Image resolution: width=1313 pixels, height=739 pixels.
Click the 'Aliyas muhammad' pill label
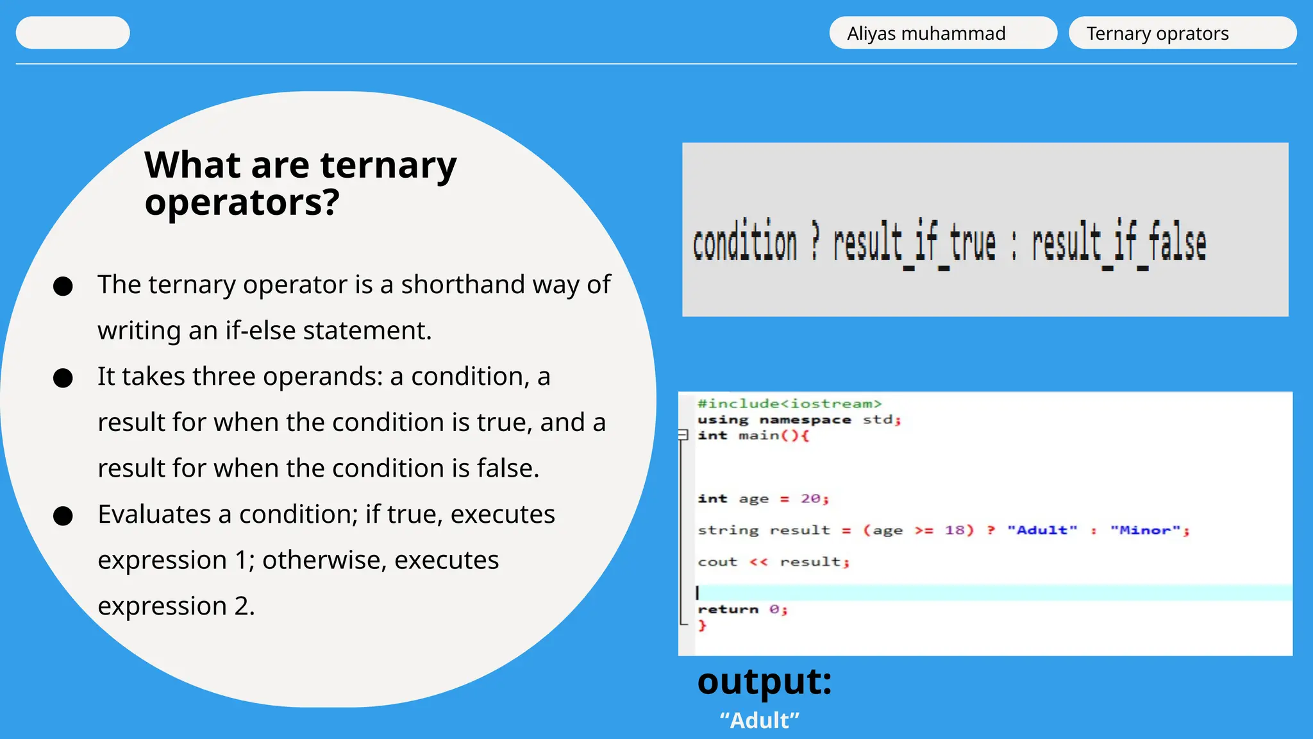(926, 33)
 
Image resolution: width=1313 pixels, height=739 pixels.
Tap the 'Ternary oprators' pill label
(1157, 33)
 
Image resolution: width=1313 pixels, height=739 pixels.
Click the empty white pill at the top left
(72, 33)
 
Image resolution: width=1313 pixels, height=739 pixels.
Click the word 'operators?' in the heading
(242, 203)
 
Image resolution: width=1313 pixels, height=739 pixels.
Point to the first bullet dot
(63, 286)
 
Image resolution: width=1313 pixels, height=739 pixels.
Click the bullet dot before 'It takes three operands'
(63, 378)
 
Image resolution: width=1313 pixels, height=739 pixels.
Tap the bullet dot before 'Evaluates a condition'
(63, 516)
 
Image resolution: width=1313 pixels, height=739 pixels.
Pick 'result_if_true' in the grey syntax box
(914, 244)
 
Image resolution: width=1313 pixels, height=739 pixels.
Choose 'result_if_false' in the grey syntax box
(1119, 244)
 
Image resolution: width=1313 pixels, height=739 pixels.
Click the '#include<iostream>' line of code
(789, 403)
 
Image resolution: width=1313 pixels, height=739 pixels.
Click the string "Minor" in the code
(1145, 530)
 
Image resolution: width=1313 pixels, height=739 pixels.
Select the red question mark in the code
(991, 530)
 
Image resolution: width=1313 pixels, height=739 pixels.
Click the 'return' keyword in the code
(728, 609)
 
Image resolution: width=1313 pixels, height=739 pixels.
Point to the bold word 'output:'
(764, 681)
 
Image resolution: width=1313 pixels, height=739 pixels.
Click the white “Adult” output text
(759, 720)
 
